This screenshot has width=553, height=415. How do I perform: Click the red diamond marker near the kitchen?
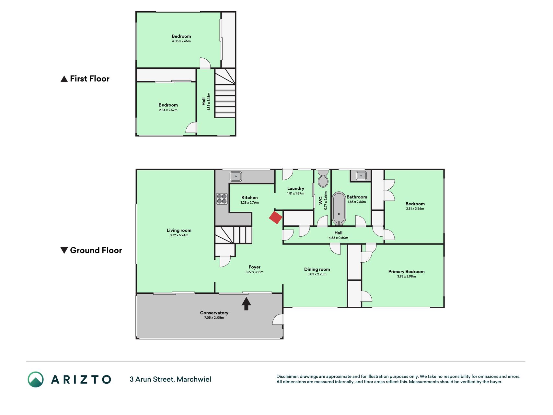tap(276, 218)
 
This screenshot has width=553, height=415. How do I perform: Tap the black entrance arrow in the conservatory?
tap(246, 304)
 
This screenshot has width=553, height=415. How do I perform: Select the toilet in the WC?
tap(323, 179)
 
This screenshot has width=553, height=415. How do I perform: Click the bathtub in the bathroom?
tap(339, 208)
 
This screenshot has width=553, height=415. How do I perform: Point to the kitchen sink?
tap(236, 176)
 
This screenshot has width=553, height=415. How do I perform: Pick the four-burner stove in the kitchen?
tap(222, 199)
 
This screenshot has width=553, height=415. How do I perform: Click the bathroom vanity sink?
tap(361, 176)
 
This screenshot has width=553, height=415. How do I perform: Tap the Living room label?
tap(179, 231)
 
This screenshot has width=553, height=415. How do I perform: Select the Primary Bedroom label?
tap(407, 272)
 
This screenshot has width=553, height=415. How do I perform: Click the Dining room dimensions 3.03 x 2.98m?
tap(317, 274)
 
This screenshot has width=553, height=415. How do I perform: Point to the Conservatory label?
tap(214, 313)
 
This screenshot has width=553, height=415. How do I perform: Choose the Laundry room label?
tap(296, 188)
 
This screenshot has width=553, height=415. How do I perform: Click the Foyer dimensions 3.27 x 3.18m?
tap(255, 272)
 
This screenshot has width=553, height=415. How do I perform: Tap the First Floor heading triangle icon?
tap(64, 79)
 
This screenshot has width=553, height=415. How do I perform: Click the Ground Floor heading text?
tap(96, 250)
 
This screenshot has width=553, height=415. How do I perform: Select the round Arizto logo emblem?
tap(36, 379)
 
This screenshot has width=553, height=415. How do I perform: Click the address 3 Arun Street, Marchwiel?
tap(170, 379)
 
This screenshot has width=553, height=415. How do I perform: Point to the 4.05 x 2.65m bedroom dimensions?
tap(181, 41)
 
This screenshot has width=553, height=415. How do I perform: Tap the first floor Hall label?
tap(203, 101)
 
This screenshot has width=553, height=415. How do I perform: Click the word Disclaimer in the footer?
tap(287, 376)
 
